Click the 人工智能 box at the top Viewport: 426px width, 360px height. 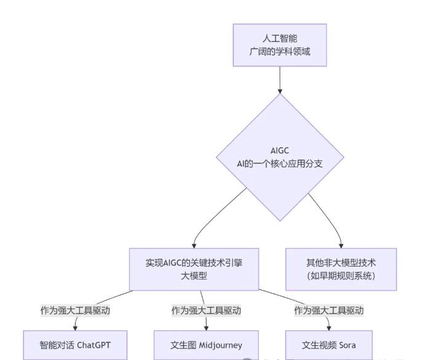(x=279, y=45)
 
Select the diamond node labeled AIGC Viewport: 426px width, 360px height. (x=280, y=157)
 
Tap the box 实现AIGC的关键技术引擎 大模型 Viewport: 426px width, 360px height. (x=194, y=269)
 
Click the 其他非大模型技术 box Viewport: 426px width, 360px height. (x=341, y=269)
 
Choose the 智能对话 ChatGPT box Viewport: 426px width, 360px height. (x=76, y=345)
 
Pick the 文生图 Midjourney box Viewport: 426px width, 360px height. (x=206, y=345)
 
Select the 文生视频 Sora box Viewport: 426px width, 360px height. (x=329, y=345)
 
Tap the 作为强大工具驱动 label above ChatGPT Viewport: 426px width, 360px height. (x=75, y=310)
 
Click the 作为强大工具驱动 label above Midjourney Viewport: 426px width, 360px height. (x=206, y=310)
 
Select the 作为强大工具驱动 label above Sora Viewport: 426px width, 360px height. (x=329, y=310)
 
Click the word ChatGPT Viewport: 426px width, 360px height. (x=94, y=345)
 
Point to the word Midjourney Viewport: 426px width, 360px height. (x=221, y=345)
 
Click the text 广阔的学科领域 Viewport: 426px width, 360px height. (x=280, y=52)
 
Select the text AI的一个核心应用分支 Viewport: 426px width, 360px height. (x=280, y=163)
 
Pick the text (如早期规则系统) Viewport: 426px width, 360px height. (x=341, y=276)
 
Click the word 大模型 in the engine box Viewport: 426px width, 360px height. (x=194, y=276)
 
